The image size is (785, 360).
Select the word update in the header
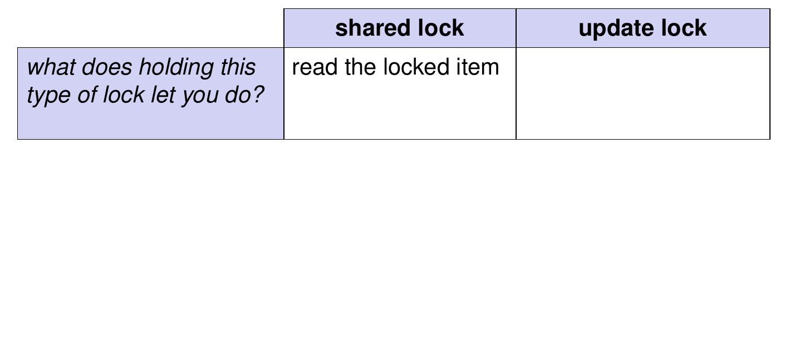[x=616, y=29]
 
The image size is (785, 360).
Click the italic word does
[x=107, y=67]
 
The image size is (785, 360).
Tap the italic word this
[x=238, y=67]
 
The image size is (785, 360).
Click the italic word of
[x=87, y=95]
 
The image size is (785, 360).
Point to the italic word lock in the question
[x=124, y=95]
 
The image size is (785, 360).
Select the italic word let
[x=163, y=95]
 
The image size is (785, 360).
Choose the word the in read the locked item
[x=360, y=67]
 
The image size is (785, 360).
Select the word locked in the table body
[x=416, y=67]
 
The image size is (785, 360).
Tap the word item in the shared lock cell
[x=478, y=67]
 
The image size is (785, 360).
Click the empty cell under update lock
[x=643, y=93]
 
